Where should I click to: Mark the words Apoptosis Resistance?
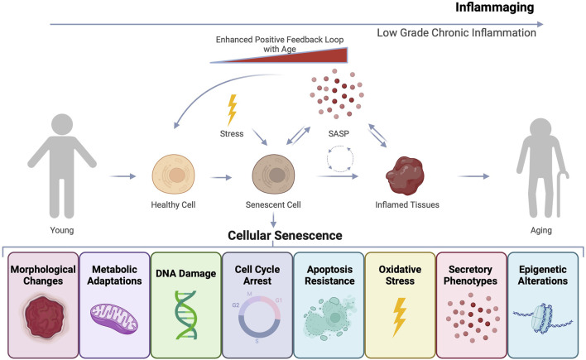[329, 276]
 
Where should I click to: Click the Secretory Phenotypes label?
[472, 276]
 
